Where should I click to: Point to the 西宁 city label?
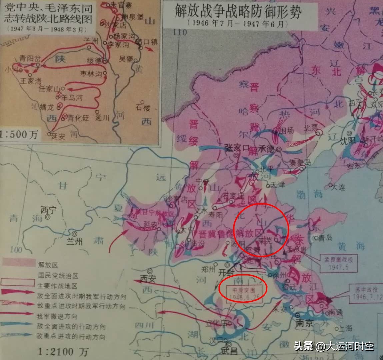click(49, 210)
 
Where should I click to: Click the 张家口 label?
click(237, 148)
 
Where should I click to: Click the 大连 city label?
click(338, 187)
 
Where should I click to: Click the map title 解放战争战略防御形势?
click(238, 12)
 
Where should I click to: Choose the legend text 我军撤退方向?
click(57, 316)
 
